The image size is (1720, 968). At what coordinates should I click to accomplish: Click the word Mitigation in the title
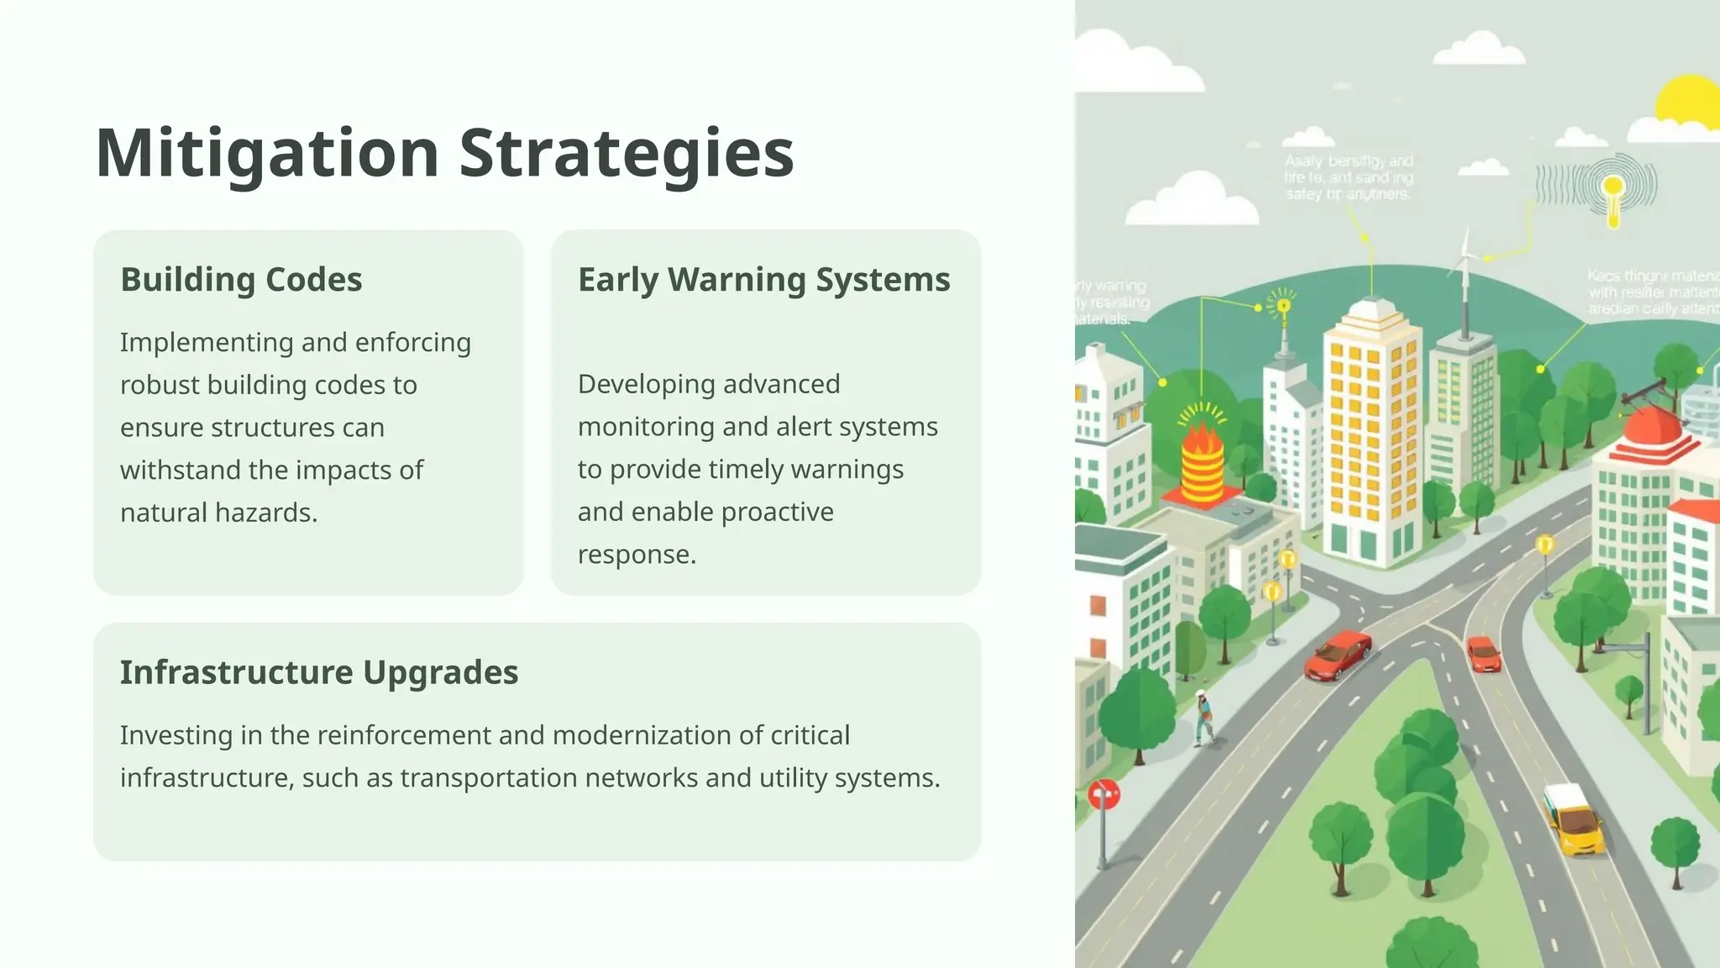point(267,154)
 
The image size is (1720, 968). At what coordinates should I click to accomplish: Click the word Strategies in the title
point(626,154)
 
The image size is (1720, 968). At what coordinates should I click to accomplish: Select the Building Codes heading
point(241,279)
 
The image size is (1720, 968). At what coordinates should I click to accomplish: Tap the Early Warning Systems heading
point(763,279)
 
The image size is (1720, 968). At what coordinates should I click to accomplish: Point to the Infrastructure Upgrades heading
point(318,672)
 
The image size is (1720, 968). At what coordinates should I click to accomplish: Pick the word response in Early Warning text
point(636,555)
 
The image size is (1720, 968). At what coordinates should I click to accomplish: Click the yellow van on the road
point(1573,818)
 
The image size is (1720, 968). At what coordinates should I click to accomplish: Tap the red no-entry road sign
point(1104,794)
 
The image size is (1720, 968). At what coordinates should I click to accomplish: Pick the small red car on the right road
point(1484,654)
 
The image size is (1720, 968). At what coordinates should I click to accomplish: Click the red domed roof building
point(1652,429)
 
